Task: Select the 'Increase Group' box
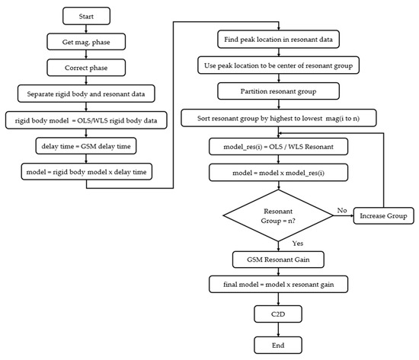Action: coord(378,217)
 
